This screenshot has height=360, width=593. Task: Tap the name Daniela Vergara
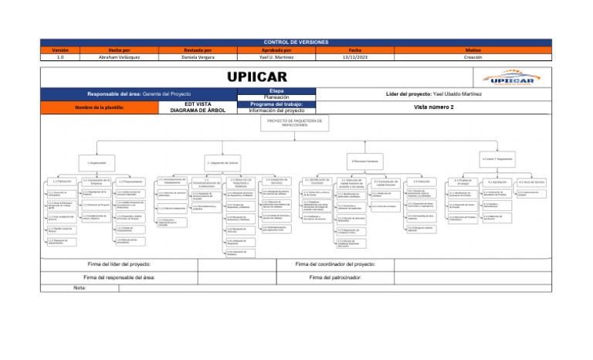(198, 56)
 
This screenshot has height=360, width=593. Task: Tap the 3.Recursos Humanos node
(365, 161)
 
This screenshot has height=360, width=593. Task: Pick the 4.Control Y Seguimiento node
(497, 158)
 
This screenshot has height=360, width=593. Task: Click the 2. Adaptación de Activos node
(222, 163)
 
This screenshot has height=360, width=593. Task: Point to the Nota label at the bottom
(80, 287)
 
